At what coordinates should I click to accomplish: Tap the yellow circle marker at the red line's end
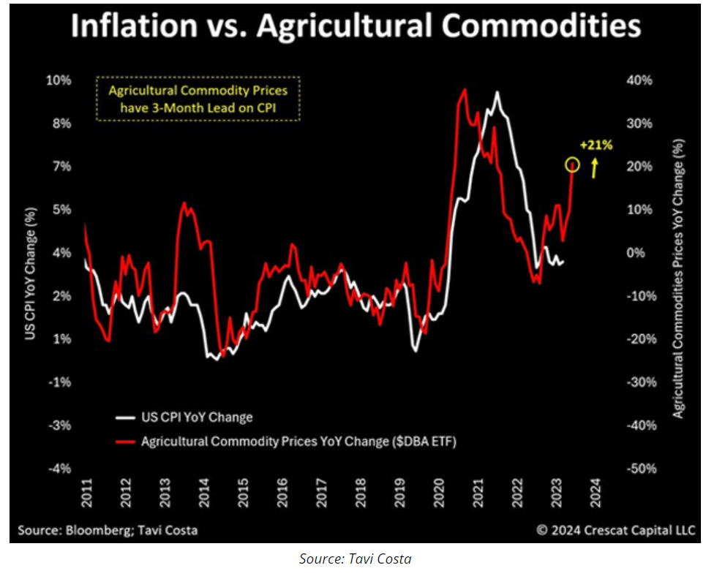pos(572,166)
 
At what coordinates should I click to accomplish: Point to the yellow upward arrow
pos(595,169)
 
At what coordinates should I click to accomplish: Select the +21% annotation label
pos(596,145)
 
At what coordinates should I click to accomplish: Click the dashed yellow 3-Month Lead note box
pos(198,100)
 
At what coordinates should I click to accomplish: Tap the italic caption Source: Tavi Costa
pos(356,559)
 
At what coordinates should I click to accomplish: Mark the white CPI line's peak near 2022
pos(498,92)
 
